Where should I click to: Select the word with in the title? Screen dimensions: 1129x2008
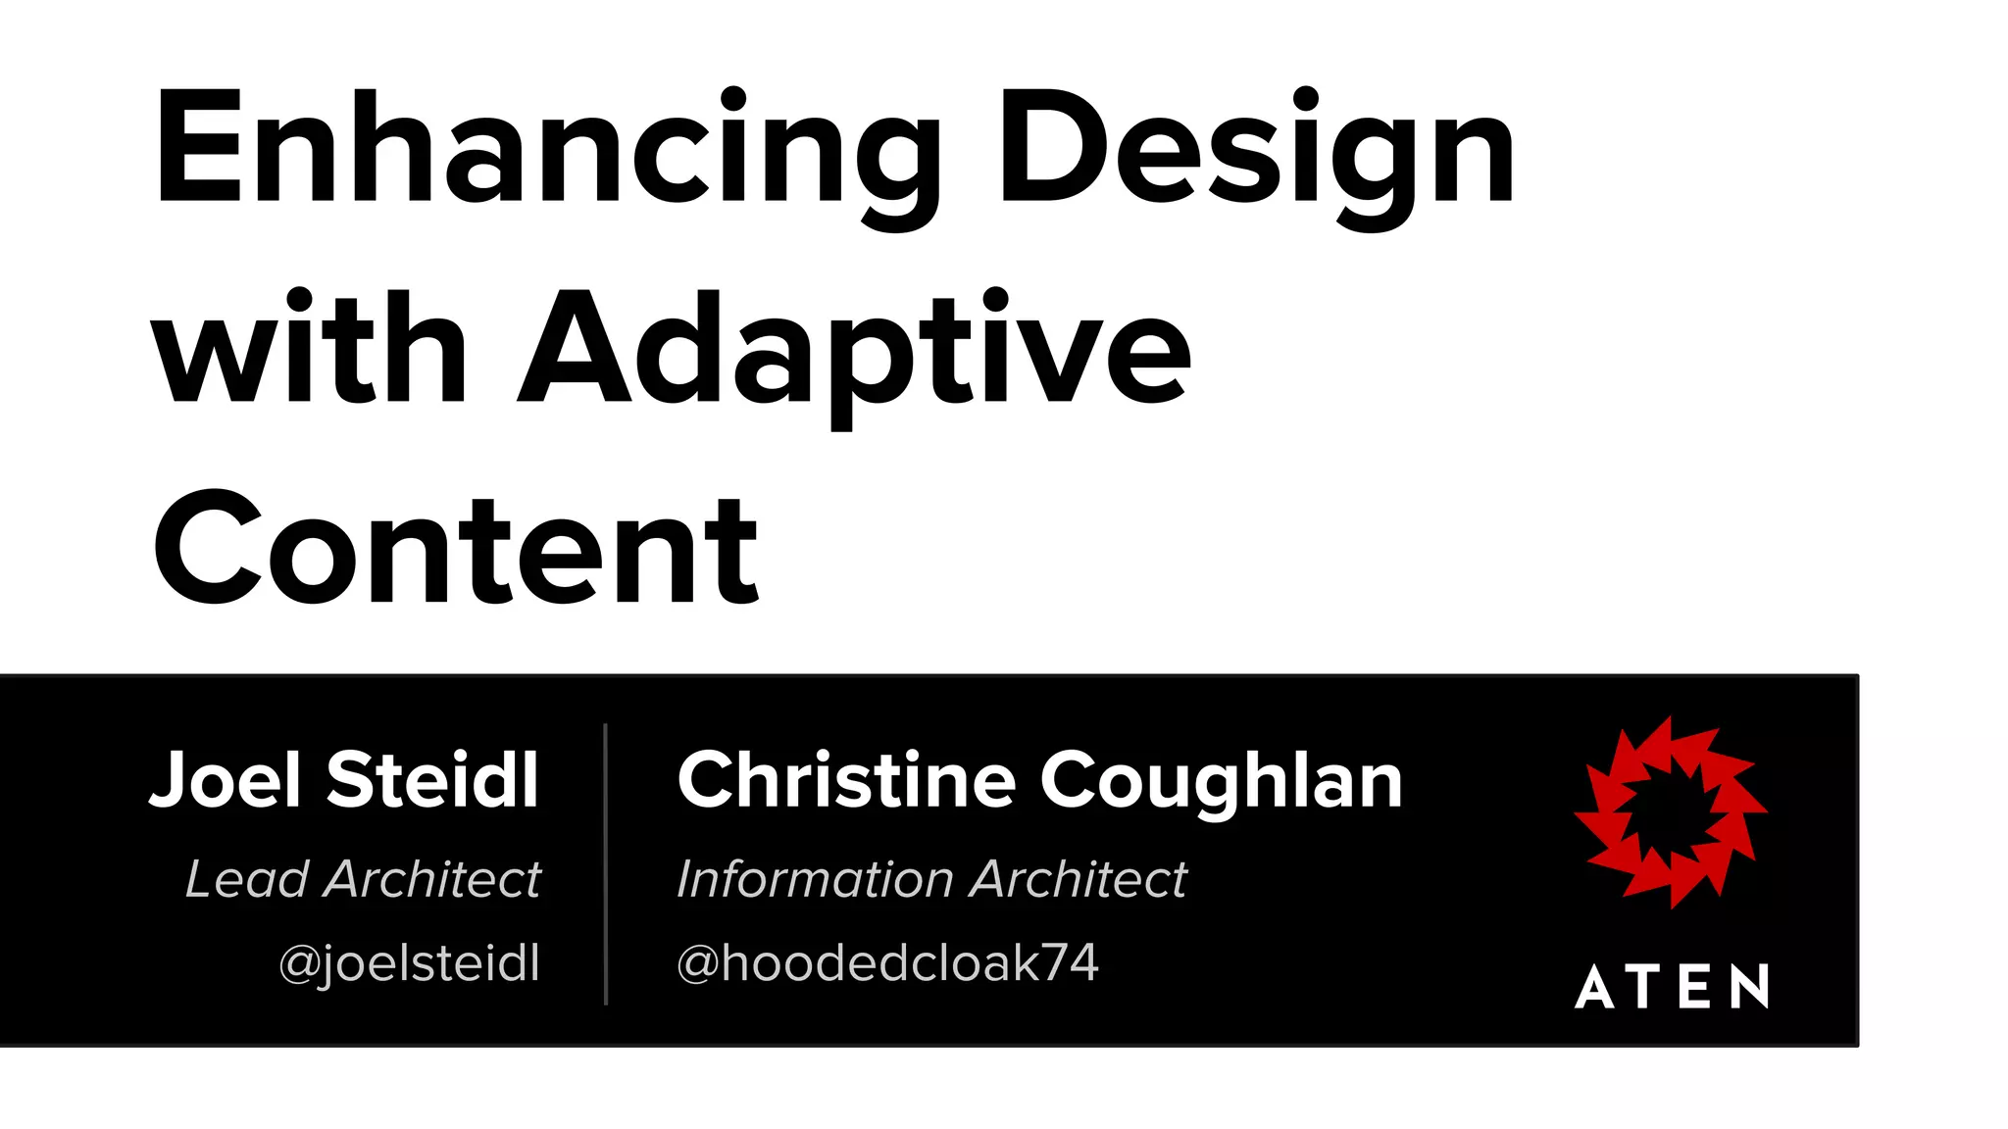click(308, 348)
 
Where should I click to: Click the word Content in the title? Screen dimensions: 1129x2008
click(455, 549)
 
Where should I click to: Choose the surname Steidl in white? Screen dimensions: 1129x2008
click(432, 780)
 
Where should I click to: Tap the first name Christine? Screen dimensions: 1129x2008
click(847, 780)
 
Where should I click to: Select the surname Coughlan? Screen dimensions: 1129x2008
click(1222, 782)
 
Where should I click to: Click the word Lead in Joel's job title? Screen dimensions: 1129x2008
click(247, 879)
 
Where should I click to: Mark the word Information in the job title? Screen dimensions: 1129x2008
click(811, 879)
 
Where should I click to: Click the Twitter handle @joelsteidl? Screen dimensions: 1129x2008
click(410, 963)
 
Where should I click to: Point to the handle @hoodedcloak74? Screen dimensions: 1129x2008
click(887, 963)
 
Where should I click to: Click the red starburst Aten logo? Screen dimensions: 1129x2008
click(1671, 811)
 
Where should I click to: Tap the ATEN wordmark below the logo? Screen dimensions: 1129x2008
click(1673, 986)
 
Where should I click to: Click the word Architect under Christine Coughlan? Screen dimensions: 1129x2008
click(1079, 879)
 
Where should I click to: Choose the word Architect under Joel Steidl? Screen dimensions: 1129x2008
click(432, 879)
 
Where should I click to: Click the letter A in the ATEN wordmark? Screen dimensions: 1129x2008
click(1595, 986)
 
